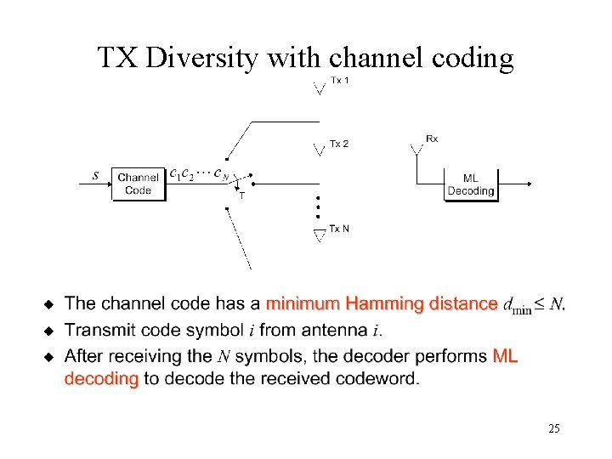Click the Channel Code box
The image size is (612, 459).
coord(138,184)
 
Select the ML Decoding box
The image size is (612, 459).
coord(470,184)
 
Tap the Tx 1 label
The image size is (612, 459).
coord(340,81)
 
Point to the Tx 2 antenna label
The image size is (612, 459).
coord(339,144)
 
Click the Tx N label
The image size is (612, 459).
coord(339,229)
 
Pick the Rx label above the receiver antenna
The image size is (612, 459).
coord(432,139)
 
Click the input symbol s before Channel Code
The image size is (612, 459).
coord(95,176)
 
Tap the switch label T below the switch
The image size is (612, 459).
coord(241,196)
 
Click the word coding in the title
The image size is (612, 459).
coord(473,58)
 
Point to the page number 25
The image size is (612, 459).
coord(553,429)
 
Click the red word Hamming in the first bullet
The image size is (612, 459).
coord(384,303)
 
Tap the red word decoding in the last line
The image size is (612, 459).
coord(101,379)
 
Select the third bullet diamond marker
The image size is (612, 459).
coord(49,355)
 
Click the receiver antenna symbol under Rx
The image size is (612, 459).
coord(416,150)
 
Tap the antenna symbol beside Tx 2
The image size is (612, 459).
coord(319,150)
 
